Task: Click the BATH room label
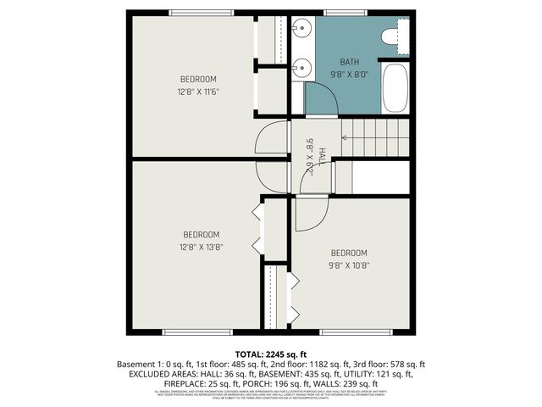(350, 62)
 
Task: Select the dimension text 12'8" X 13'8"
(202, 247)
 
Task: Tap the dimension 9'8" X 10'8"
(349, 265)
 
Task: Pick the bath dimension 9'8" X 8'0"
(350, 74)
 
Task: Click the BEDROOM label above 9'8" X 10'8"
(349, 253)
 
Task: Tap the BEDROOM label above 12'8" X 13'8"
(202, 235)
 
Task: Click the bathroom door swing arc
(325, 100)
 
